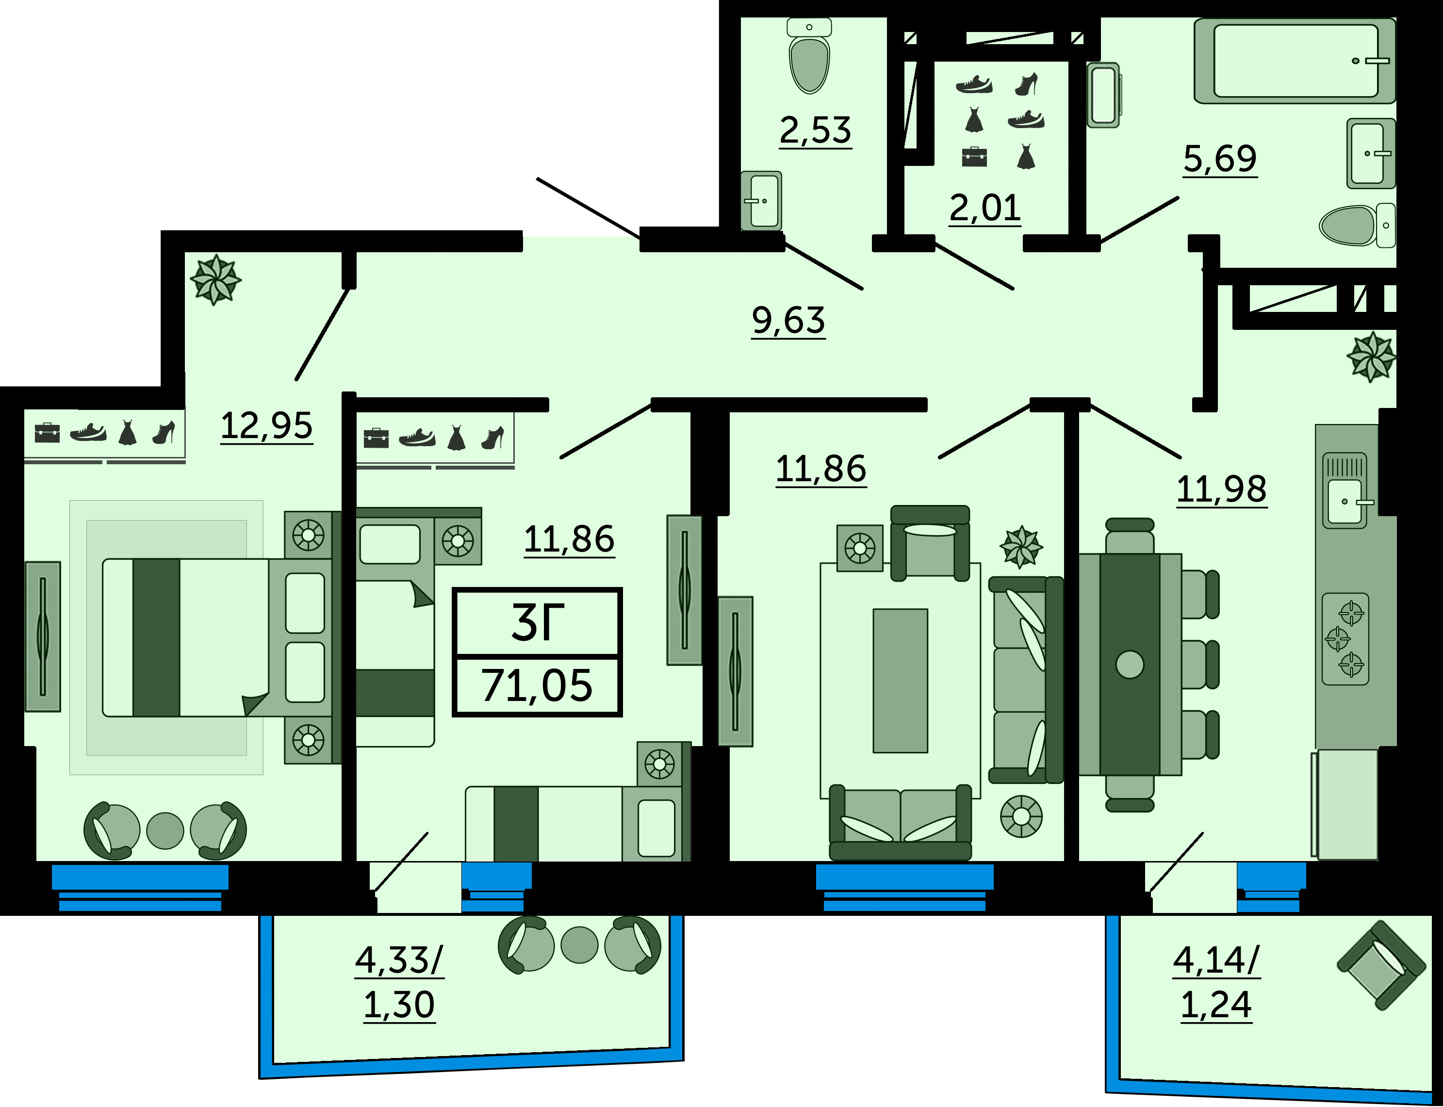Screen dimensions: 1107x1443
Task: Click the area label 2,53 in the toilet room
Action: click(815, 130)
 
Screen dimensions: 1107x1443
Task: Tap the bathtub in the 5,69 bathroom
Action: click(1294, 61)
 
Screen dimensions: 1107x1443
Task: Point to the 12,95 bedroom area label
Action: click(266, 425)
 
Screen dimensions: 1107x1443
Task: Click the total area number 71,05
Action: click(537, 686)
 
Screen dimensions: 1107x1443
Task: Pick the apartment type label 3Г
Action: click(537, 623)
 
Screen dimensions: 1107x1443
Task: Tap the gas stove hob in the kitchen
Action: click(1345, 639)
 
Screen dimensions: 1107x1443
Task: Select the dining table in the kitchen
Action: click(1130, 664)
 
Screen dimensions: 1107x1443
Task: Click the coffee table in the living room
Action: click(900, 680)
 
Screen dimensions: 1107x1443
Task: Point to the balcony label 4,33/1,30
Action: click(399, 982)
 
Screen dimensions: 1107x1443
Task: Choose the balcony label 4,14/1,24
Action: click(1216, 982)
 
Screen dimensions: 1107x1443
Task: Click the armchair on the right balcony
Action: click(1380, 966)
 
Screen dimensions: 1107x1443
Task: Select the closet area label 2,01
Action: click(985, 208)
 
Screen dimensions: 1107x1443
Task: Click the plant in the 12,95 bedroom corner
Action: click(215, 279)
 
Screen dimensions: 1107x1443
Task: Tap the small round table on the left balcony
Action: click(579, 945)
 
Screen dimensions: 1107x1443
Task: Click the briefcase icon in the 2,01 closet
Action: click(974, 157)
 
